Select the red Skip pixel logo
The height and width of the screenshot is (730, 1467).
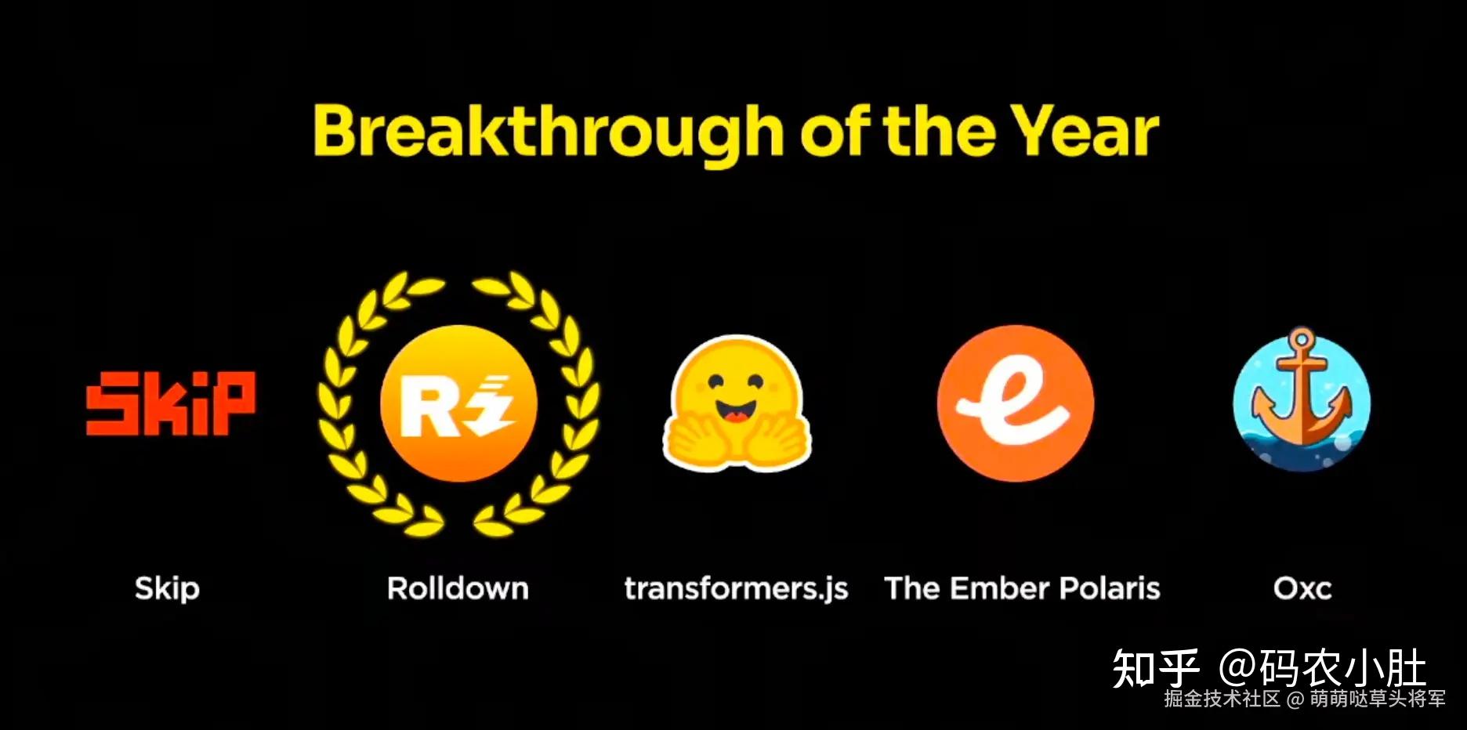coord(170,403)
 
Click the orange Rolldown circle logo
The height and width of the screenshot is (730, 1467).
coord(458,403)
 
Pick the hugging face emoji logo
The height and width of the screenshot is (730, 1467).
coord(737,403)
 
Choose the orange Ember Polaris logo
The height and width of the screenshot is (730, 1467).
coord(1016,403)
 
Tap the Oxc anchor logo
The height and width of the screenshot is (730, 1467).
coord(1302,399)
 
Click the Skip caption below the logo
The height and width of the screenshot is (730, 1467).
coord(167,589)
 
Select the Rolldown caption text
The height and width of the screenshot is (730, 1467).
coord(458,588)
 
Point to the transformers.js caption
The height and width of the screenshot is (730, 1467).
coord(737,589)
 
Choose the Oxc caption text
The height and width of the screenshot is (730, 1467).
coord(1302,588)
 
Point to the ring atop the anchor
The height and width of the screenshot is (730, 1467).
coord(1301,340)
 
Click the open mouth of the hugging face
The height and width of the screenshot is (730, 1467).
coord(735,411)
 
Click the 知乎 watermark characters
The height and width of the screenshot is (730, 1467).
coord(1157,669)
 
